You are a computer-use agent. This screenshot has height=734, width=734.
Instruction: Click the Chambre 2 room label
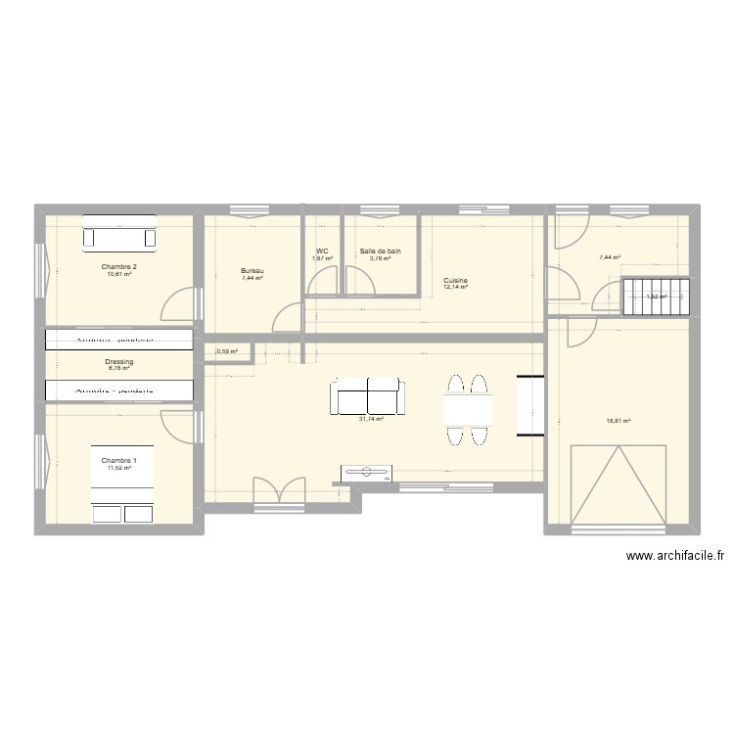click(118, 266)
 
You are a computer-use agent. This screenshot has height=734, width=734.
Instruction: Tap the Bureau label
click(253, 271)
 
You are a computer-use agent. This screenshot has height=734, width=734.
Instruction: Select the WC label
click(322, 252)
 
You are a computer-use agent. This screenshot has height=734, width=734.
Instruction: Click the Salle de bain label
click(380, 252)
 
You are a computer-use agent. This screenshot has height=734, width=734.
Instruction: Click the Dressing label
click(118, 362)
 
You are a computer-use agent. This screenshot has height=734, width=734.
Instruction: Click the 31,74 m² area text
click(371, 419)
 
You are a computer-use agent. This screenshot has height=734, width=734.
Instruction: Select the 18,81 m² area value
click(619, 422)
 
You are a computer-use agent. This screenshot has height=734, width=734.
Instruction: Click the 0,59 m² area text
click(227, 351)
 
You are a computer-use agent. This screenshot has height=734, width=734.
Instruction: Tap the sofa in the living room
click(367, 398)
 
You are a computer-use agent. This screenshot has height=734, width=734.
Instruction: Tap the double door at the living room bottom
click(278, 490)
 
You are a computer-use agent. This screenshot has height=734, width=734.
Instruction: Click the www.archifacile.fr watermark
click(675, 556)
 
